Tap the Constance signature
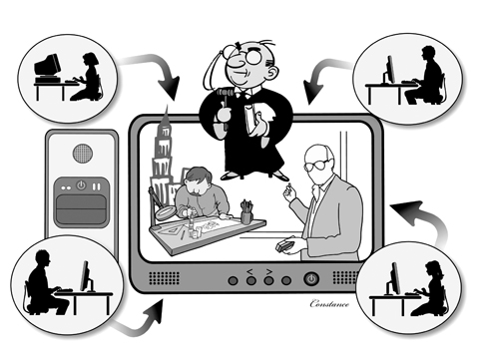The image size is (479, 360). point(329,303)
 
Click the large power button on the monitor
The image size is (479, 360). point(311,278)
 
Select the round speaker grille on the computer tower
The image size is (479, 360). point(82,154)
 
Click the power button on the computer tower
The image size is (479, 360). point(81,185)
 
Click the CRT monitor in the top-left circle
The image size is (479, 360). point(47,67)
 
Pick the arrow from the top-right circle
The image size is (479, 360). point(321,76)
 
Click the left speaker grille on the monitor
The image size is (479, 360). point(164,278)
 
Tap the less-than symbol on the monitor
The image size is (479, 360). point(250,272)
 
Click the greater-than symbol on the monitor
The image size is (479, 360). point(268,272)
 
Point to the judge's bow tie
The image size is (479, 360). point(244,94)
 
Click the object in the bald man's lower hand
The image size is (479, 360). point(283,246)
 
